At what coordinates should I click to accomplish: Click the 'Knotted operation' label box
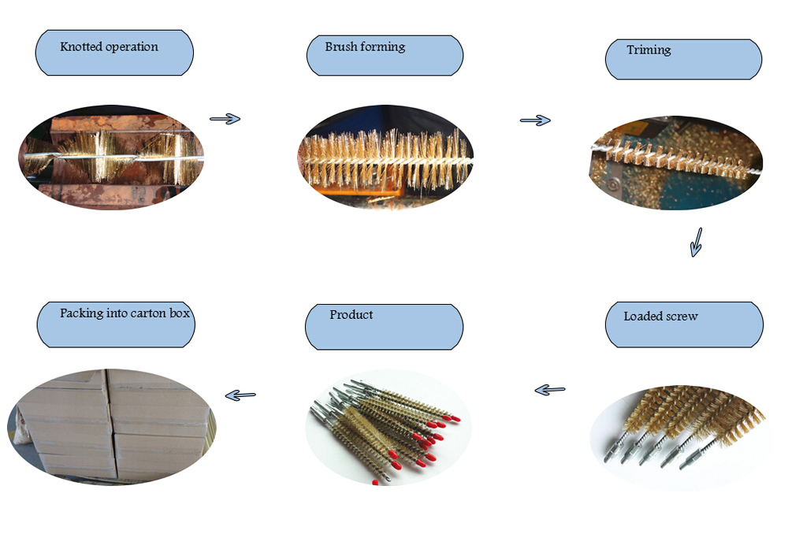pos(114,53)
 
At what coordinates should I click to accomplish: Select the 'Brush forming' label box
pos(385,54)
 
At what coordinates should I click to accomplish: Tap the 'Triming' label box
pos(683,59)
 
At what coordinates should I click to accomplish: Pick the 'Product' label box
pos(384,326)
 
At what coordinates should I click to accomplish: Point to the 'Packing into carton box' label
pos(115,323)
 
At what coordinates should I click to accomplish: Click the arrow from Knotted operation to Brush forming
pos(225,119)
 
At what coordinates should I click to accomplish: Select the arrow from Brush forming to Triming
pos(535,120)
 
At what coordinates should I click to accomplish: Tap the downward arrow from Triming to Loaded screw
pos(696,242)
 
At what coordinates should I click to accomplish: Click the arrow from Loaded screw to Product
pos(550,389)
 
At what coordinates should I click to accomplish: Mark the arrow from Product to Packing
pos(240,395)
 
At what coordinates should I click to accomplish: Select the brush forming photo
pos(385,158)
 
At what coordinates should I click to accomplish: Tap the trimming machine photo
pos(675,162)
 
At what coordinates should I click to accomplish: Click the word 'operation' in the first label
pos(132,47)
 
